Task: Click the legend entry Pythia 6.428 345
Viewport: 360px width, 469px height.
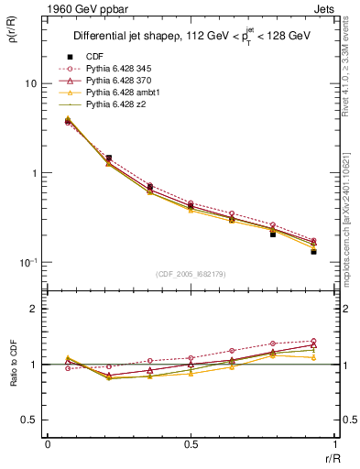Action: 118,69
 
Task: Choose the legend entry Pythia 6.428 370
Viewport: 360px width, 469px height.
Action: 118,81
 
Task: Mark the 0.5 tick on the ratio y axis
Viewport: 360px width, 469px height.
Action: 30,420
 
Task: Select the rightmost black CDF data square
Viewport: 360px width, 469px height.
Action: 313,251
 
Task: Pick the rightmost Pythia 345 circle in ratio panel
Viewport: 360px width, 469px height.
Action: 313,341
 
